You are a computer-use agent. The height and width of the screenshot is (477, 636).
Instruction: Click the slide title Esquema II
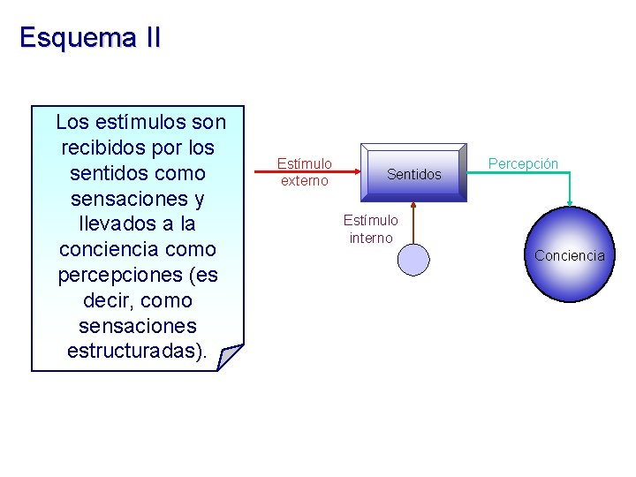[89, 38]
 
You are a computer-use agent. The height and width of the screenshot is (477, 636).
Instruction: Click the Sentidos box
[413, 173]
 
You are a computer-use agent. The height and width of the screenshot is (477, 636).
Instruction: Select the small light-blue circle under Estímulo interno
[413, 260]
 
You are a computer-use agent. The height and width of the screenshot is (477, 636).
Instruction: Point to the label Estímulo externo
[305, 172]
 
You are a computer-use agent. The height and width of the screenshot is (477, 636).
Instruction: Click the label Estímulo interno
[371, 229]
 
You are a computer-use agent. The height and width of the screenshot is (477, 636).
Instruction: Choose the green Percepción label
[524, 164]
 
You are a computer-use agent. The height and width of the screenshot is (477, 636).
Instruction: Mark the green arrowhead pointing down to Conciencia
[570, 201]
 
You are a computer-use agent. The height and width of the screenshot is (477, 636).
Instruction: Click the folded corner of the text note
[230, 357]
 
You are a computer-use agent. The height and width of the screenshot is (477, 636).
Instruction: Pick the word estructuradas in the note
[133, 352]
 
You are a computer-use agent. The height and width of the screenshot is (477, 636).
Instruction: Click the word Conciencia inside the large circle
[569, 256]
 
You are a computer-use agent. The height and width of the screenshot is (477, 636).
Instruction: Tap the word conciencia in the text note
[110, 250]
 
